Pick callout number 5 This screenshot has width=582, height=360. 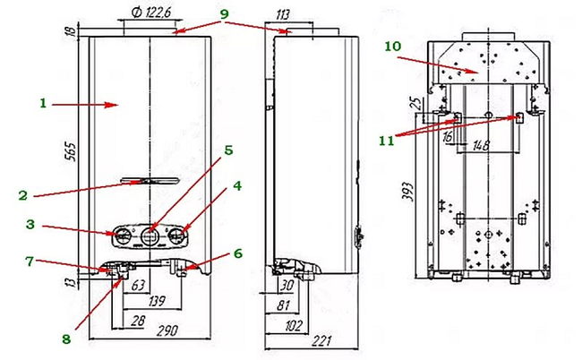click(x=228, y=151)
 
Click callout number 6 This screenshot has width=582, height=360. click(x=235, y=253)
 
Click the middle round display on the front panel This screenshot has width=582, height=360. click(x=149, y=236)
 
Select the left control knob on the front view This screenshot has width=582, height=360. click(x=119, y=236)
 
